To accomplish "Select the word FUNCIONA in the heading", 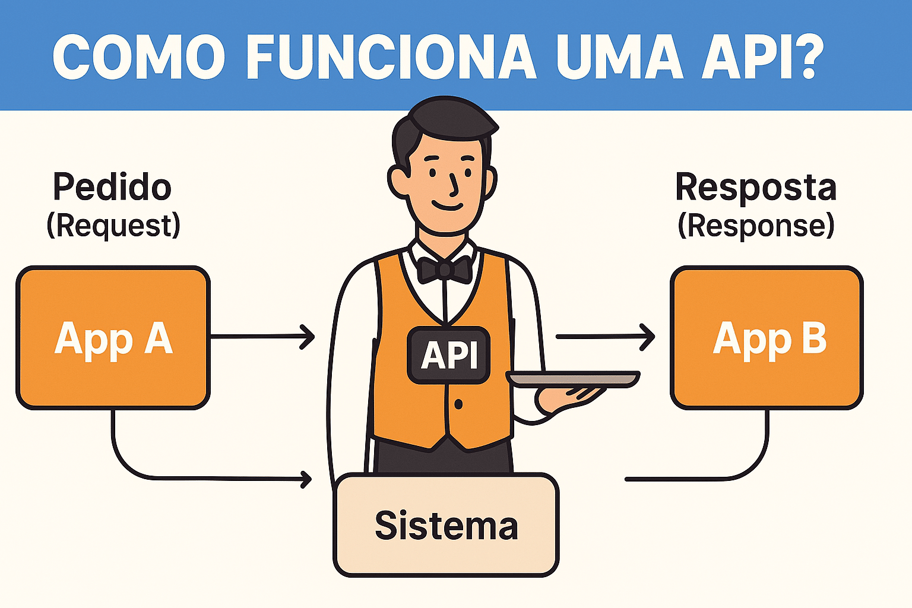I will (391, 58).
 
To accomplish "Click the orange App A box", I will (113, 338).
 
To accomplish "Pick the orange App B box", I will (767, 338).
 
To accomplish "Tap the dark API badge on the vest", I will (449, 355).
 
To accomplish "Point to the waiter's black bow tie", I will (444, 269).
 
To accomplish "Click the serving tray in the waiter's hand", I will (573, 379).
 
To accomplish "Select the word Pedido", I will (112, 187).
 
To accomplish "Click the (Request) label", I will (113, 226).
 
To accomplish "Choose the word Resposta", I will (756, 187).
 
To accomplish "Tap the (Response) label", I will (756, 226).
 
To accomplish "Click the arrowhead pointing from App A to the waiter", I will (308, 337).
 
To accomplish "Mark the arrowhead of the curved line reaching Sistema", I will (306, 479).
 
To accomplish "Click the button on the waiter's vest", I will (458, 404).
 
